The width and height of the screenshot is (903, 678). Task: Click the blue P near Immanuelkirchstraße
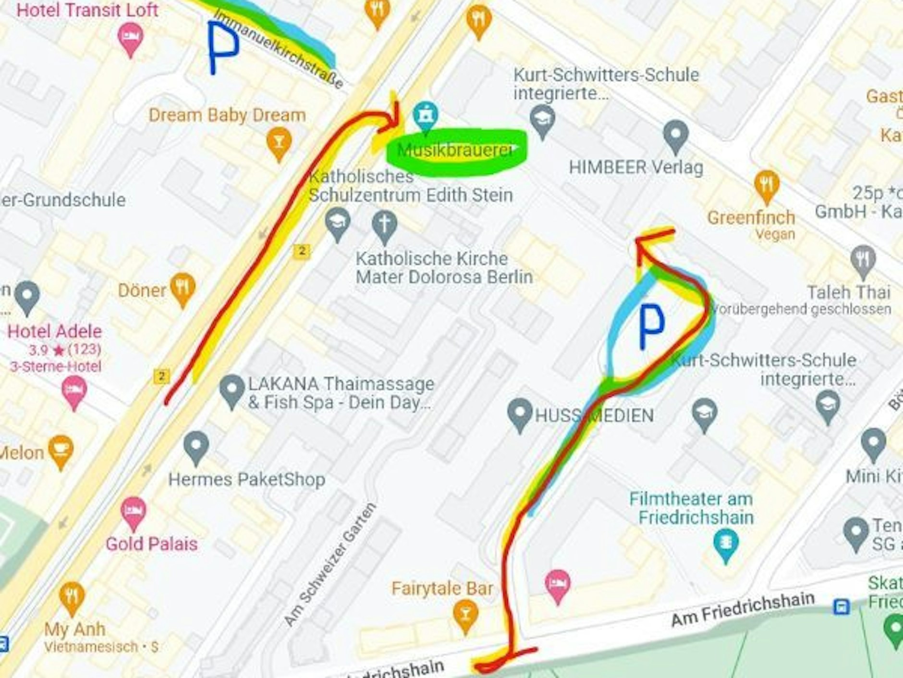click(x=222, y=47)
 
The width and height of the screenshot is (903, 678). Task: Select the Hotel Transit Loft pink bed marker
click(x=130, y=38)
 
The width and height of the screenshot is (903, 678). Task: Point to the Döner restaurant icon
click(x=183, y=289)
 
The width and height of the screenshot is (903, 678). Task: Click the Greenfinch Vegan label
click(x=751, y=224)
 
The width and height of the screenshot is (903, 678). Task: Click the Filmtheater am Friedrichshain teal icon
click(x=726, y=543)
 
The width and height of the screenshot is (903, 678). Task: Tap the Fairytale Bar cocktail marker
click(x=465, y=615)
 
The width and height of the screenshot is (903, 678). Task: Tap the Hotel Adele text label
click(x=55, y=331)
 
